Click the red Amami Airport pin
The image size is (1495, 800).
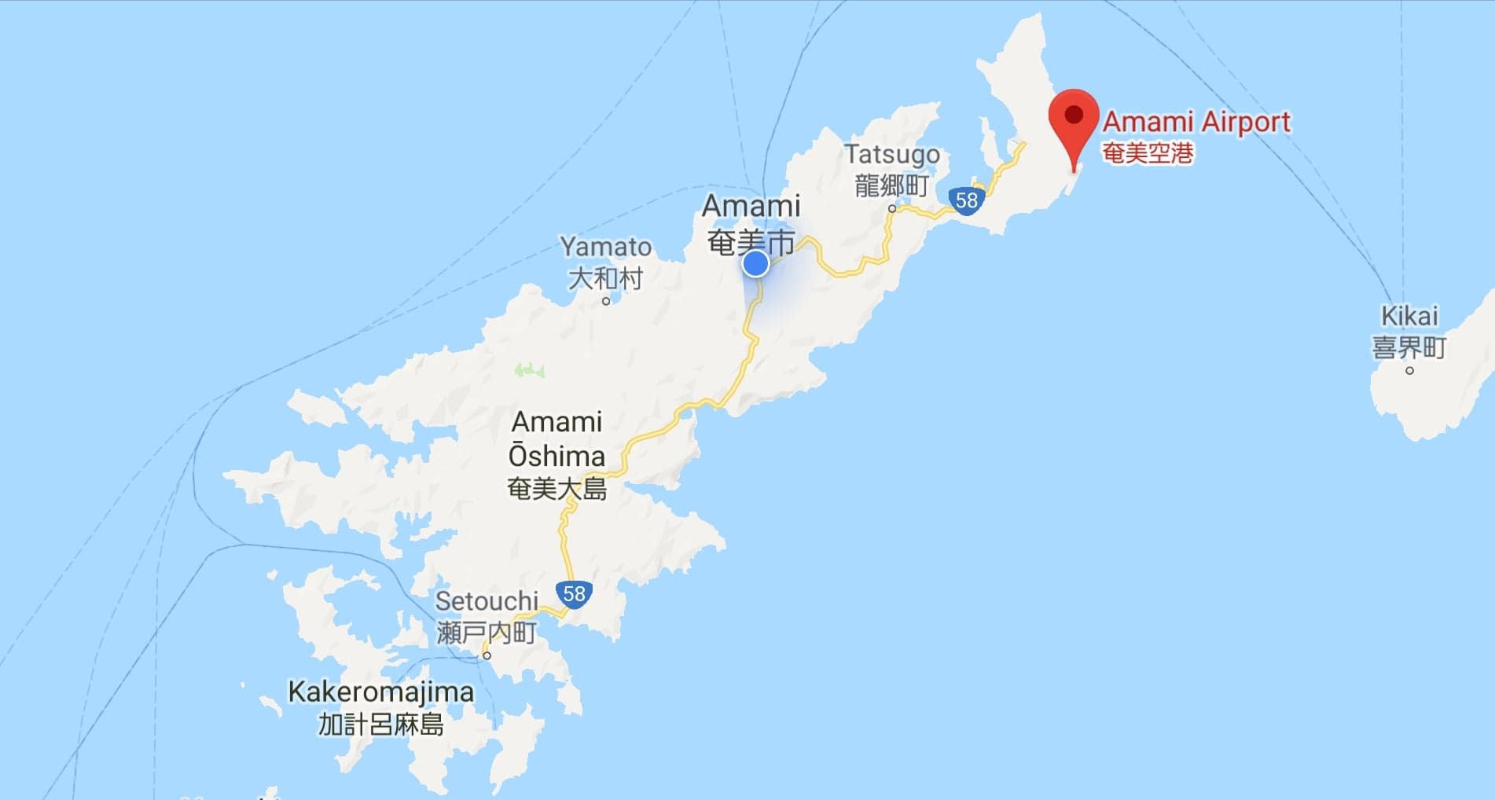(1074, 118)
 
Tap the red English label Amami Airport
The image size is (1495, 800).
(1196, 122)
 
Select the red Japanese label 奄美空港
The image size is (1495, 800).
(1148, 152)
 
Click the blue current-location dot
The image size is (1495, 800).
(755, 264)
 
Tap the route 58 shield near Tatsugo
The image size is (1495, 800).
(966, 200)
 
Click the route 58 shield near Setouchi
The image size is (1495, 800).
(574, 593)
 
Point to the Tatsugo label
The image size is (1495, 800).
(892, 154)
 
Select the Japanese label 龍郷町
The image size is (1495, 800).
(891, 185)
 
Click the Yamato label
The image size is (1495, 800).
(605, 247)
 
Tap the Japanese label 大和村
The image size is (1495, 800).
(605, 278)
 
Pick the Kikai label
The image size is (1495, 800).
(1409, 316)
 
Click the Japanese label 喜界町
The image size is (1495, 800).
(1409, 347)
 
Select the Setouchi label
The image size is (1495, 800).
(487, 601)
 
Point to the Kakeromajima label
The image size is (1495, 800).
(381, 692)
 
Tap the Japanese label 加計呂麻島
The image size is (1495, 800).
(381, 724)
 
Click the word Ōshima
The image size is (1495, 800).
(556, 456)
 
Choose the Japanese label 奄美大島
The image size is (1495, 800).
(556, 489)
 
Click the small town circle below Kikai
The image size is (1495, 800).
(1409, 370)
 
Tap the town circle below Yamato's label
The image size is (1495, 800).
(606, 301)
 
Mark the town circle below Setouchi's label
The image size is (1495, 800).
(487, 655)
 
